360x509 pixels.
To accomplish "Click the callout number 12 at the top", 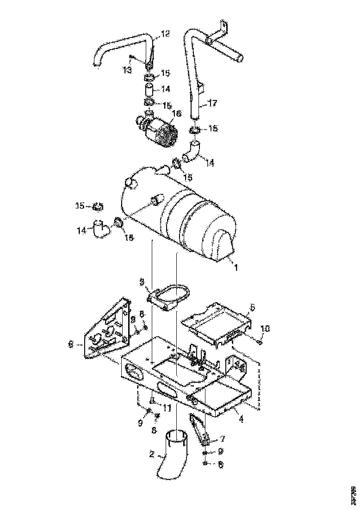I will tap(165, 33).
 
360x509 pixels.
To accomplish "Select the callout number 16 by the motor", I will tap(177, 113).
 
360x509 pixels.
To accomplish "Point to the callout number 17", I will tap(213, 105).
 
